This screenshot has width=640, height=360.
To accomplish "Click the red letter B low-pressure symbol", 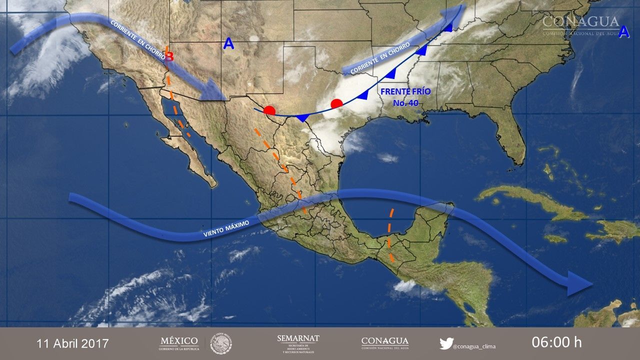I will coord(169,56).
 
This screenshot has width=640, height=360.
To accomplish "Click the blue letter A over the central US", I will coord(228,44).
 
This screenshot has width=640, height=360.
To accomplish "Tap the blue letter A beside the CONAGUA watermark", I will coord(623,32).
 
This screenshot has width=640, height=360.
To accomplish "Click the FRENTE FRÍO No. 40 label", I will coord(405,97).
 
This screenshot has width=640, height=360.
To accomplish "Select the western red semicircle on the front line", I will coord(269,110).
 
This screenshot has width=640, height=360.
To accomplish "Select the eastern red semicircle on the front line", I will coord(337,103).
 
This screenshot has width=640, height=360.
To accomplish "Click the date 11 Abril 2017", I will coord(72,343).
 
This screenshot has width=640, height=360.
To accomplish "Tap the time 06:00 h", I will coord(556,342).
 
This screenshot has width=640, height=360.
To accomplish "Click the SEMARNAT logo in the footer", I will coord(298,343).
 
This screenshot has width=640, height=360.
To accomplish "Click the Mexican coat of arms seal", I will coord(221,343).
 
